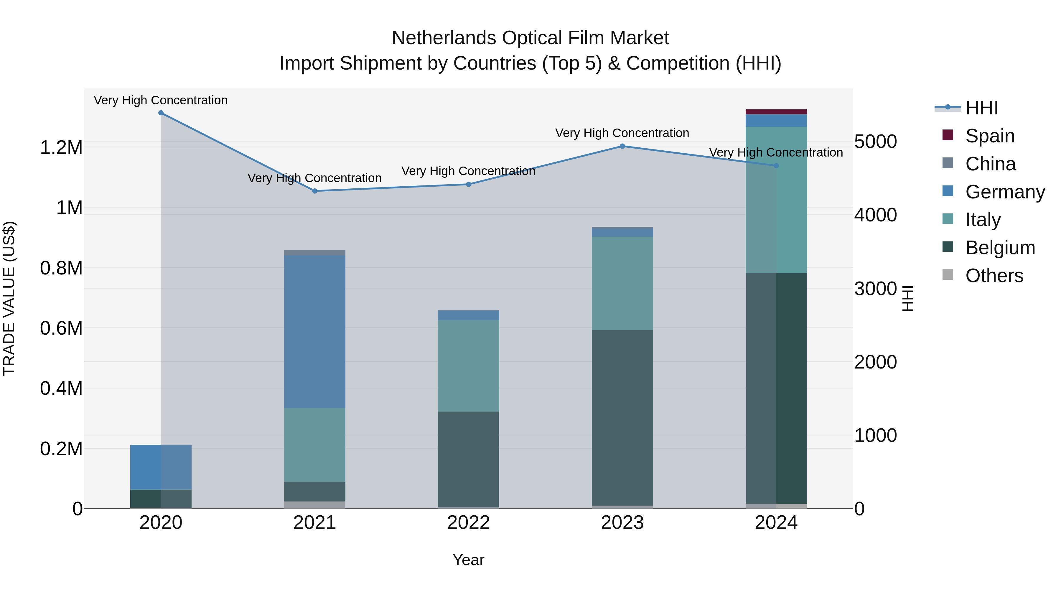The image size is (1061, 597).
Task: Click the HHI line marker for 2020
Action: tap(161, 113)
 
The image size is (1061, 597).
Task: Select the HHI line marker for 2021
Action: tap(315, 191)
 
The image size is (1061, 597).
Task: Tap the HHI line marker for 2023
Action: tap(622, 146)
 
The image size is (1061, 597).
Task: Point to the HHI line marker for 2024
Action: tap(776, 166)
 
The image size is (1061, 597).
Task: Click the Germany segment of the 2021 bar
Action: tap(315, 332)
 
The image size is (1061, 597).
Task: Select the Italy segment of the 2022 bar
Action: tap(468, 366)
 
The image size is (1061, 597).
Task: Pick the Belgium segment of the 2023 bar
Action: tap(622, 418)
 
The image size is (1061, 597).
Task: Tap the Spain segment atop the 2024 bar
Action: tap(776, 112)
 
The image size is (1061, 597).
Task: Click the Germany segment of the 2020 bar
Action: tap(161, 467)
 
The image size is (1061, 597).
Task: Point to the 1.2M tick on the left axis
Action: tap(61, 147)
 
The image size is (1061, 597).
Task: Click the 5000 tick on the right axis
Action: tap(875, 142)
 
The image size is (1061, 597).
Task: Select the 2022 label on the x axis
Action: tap(468, 523)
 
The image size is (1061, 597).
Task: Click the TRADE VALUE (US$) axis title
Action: tap(9, 298)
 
